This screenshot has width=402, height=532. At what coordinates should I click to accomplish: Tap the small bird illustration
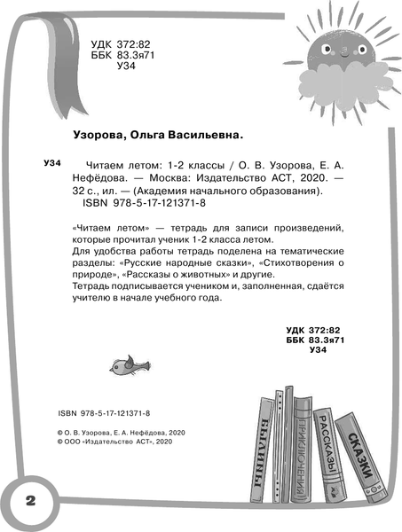pos(123,362)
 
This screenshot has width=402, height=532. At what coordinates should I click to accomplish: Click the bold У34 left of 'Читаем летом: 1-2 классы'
pos(52,164)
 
